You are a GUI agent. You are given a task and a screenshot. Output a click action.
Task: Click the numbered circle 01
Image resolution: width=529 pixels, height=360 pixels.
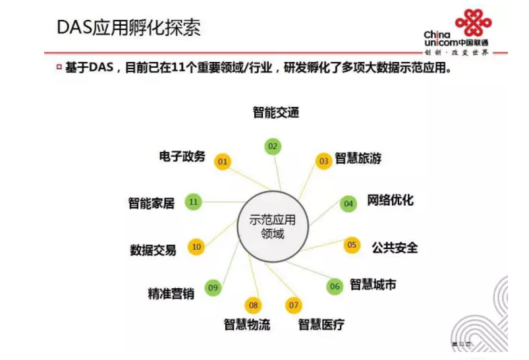(x=223, y=162)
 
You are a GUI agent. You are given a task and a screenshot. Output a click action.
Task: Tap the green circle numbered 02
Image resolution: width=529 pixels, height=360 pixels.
(x=272, y=146)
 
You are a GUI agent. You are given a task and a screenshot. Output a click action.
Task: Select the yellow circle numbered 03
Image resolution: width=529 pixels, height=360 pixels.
(x=323, y=161)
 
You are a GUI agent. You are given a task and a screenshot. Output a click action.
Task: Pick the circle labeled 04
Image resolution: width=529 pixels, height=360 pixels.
(x=348, y=204)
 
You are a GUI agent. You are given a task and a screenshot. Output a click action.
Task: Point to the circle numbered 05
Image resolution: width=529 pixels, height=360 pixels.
(x=352, y=245)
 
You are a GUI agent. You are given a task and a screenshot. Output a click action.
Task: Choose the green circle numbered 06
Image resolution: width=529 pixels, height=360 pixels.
(x=335, y=286)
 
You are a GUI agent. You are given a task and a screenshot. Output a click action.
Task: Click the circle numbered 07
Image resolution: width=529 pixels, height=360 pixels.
(x=294, y=305)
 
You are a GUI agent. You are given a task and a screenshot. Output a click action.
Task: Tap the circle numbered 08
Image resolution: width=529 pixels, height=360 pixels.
(x=253, y=305)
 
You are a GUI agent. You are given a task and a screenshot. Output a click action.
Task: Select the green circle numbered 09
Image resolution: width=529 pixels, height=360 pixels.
(x=212, y=287)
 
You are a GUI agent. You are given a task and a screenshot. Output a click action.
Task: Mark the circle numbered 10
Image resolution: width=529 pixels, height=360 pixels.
(x=196, y=247)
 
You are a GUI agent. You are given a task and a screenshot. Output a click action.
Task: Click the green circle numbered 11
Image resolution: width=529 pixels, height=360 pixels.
(x=193, y=202)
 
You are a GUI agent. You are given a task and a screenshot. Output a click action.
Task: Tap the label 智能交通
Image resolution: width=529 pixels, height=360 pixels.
(x=276, y=113)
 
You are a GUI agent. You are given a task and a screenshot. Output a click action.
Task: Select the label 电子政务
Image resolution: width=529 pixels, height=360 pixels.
(x=182, y=156)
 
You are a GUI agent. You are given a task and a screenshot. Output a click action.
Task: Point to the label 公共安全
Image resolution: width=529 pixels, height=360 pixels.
(x=395, y=247)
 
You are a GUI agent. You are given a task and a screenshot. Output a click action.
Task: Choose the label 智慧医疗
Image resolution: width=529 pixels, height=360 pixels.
(x=321, y=324)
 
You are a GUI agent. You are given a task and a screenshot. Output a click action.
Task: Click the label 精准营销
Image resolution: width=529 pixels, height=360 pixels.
(x=171, y=293)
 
